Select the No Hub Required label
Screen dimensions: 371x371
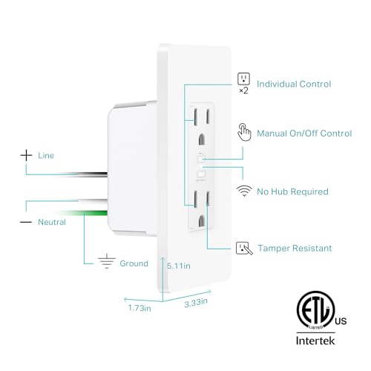pyautogui.click(x=292, y=191)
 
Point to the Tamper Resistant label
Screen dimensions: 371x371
pyautogui.click(x=295, y=248)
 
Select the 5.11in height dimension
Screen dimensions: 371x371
pyautogui.click(x=180, y=265)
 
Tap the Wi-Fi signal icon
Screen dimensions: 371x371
pyautogui.click(x=243, y=191)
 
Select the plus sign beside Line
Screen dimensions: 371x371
pyautogui.click(x=27, y=156)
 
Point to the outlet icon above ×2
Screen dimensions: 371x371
pyautogui.click(x=243, y=79)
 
